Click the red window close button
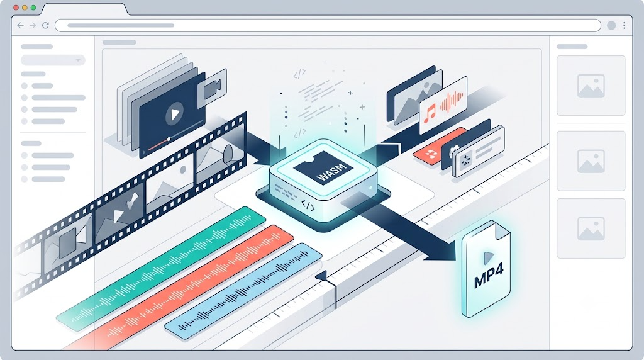tap(16, 8)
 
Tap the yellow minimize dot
tap(25, 8)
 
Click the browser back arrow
tap(21, 25)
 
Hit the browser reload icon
tap(45, 25)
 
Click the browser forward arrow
tap(33, 25)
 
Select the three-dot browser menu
tap(625, 25)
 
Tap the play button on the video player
tap(174, 114)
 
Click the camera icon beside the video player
tap(212, 88)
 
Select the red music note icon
tap(429, 113)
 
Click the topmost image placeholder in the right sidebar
tap(591, 86)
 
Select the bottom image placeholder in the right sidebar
tap(591, 228)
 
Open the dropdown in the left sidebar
tap(53, 60)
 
